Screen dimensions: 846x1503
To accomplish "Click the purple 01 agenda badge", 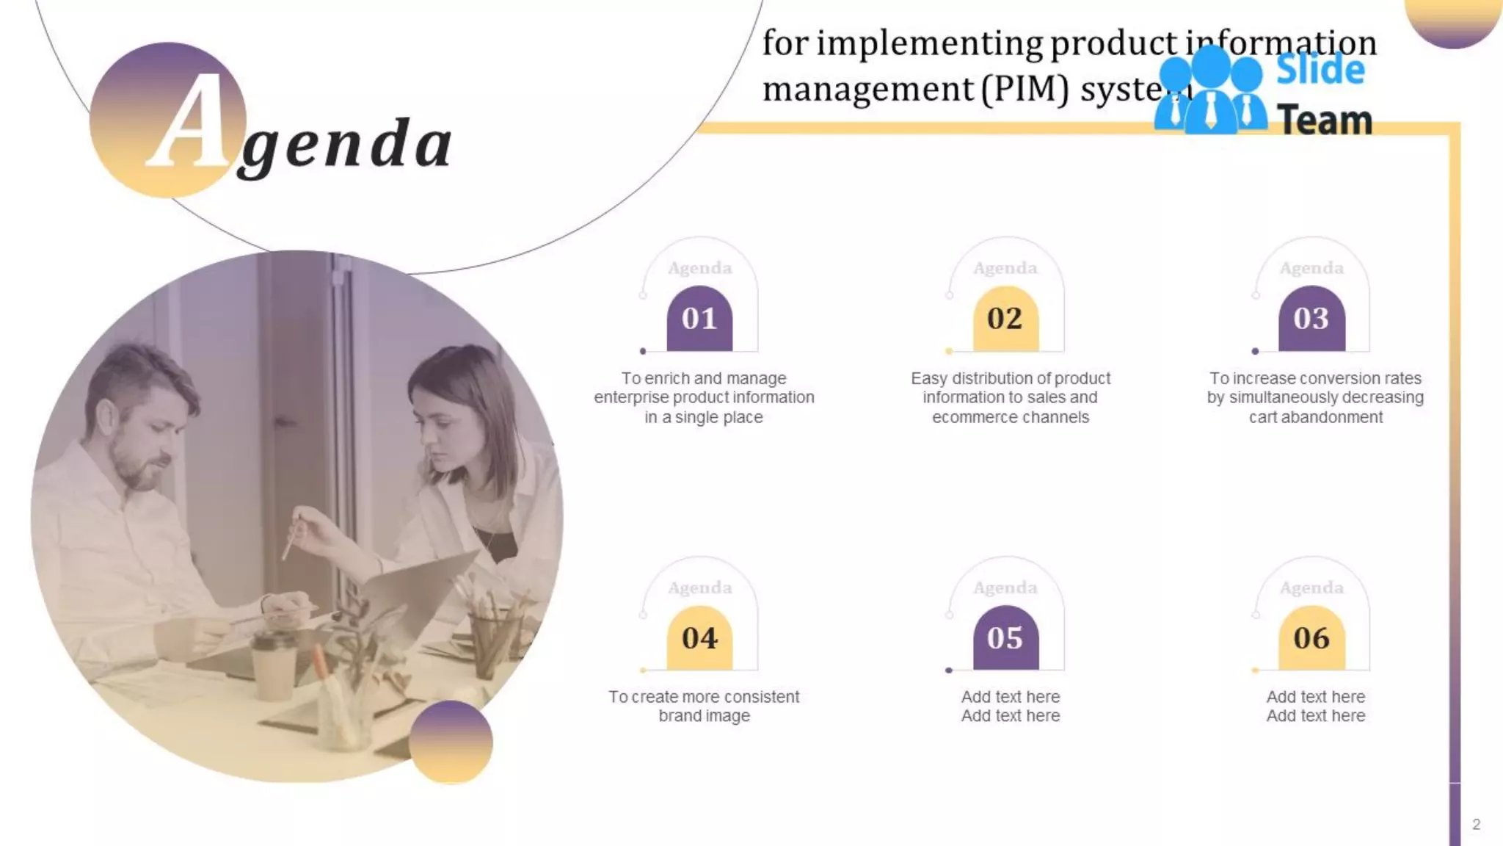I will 699,319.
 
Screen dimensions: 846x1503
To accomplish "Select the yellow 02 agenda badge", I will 1005,319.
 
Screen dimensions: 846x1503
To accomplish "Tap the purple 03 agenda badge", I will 1311,319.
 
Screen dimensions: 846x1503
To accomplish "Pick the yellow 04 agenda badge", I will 699,638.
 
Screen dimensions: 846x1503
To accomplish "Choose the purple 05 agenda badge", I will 1005,638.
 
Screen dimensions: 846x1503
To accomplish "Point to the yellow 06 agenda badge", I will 1311,638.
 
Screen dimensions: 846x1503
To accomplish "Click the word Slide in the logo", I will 1320,70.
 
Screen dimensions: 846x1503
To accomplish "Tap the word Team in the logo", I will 1325,120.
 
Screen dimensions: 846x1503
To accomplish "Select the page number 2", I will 1476,825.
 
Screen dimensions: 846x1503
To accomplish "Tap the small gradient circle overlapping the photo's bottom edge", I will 451,742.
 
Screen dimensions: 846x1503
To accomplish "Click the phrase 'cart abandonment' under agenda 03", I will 1315,418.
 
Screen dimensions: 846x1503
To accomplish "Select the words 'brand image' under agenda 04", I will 704,716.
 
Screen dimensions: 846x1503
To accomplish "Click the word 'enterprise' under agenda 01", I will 631,398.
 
